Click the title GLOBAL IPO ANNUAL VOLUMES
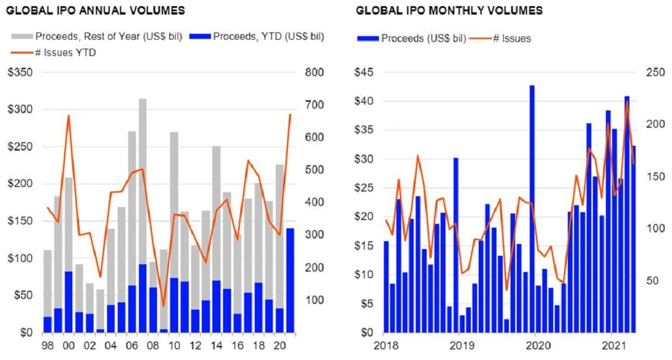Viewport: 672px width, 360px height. point(95,11)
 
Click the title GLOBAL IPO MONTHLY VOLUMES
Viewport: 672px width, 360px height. point(449,11)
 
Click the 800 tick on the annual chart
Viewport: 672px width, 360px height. point(313,73)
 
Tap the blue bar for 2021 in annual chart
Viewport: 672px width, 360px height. point(290,280)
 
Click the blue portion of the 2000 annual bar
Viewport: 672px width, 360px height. point(68,302)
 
